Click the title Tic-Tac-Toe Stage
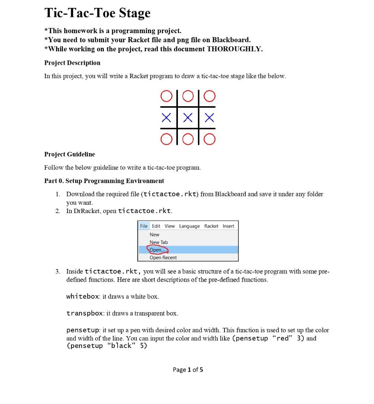click(x=97, y=13)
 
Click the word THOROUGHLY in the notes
click(x=233, y=49)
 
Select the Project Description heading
click(x=72, y=63)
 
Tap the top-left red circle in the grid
click(x=166, y=96)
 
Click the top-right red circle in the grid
click(x=209, y=96)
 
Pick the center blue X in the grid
click(x=188, y=118)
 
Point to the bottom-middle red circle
click(x=188, y=139)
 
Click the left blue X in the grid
click(x=166, y=118)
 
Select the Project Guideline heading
click(x=69, y=154)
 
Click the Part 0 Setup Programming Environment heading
click(x=104, y=181)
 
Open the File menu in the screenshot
click(x=144, y=226)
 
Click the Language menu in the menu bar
click(x=189, y=226)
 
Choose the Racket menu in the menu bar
click(x=211, y=226)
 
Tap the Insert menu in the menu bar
click(x=228, y=226)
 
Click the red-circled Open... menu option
click(x=157, y=250)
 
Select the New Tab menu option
click(x=159, y=242)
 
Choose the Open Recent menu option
click(x=163, y=258)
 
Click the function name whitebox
click(x=83, y=296)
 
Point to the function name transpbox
click(x=84, y=314)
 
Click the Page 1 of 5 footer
click(x=188, y=370)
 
